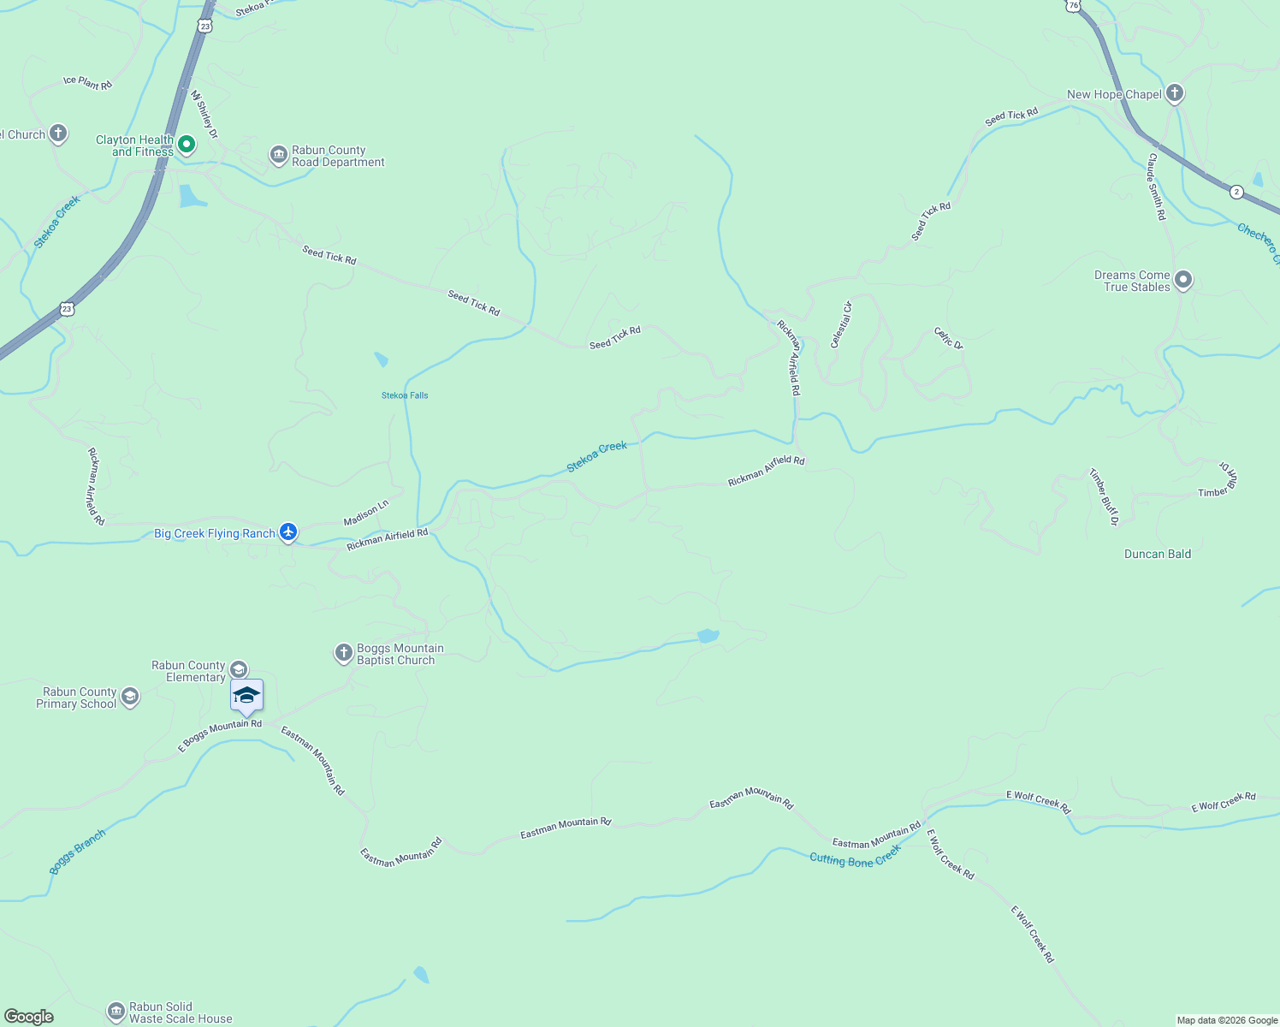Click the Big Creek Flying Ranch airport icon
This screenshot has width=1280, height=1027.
288,532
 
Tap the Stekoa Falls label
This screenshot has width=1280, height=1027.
405,395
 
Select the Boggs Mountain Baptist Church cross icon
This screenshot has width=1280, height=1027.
343,654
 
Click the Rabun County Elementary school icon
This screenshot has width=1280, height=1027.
239,669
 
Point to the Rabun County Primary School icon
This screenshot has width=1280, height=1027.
130,697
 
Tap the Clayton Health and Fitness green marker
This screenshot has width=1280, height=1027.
186,145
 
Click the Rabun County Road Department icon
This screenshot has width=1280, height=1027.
278,155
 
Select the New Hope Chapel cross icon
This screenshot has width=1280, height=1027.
1175,93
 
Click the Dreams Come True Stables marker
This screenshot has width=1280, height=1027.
1183,280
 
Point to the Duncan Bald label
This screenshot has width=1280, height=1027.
1157,554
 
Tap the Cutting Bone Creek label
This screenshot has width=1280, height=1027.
855,856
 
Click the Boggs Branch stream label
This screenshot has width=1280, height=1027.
77,852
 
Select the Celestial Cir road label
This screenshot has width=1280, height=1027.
841,324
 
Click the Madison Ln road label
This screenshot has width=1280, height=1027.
366,513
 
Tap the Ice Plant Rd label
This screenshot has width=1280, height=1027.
87,83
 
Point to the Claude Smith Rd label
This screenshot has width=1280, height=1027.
1157,187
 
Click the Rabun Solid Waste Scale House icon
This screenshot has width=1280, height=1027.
116,1012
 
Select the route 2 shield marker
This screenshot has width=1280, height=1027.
1236,192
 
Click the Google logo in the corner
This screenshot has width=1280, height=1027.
29,1017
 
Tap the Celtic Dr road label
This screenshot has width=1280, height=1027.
948,338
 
